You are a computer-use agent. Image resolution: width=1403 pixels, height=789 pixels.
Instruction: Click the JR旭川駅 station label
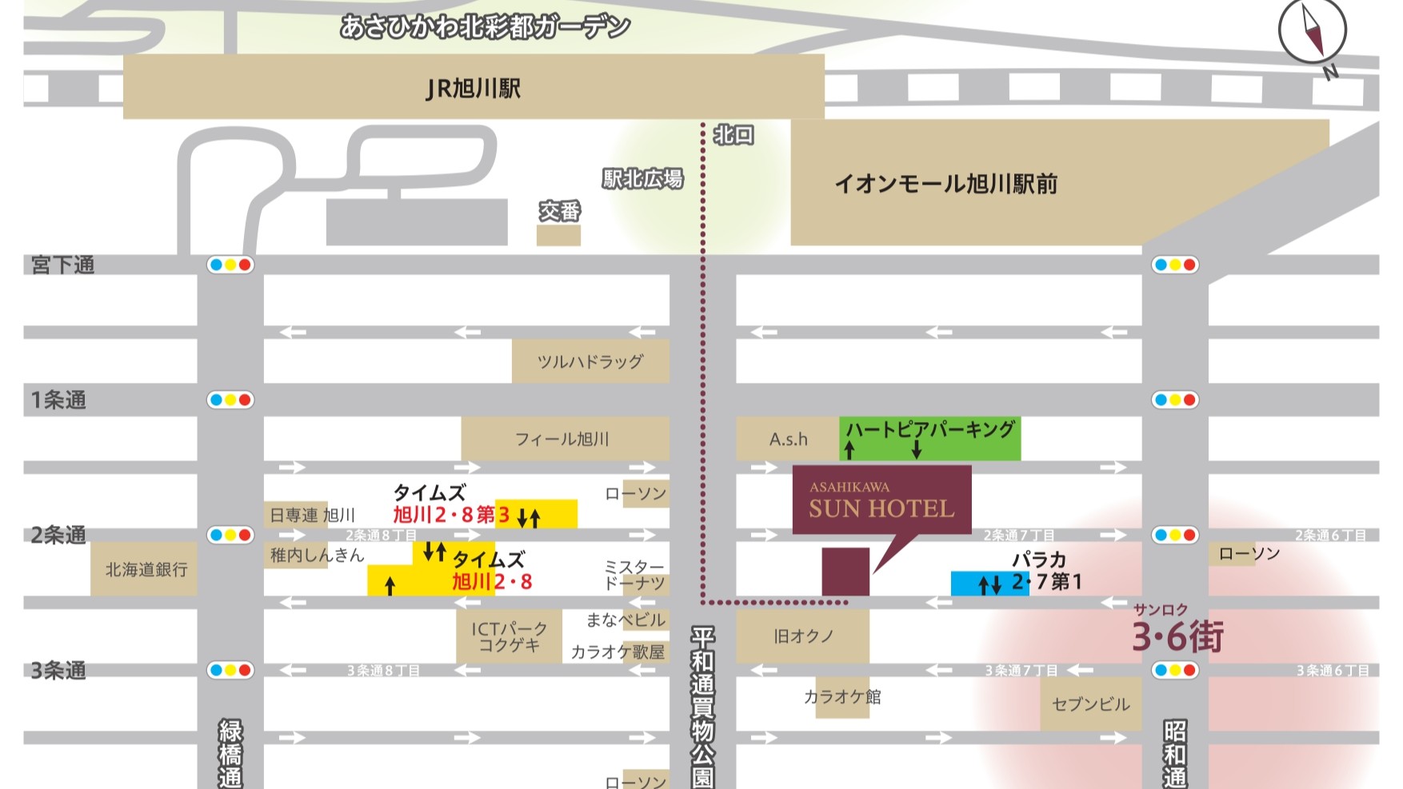(474, 88)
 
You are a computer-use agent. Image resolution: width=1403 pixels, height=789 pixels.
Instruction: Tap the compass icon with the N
(1312, 32)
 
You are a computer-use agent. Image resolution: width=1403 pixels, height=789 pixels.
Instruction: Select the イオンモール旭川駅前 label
(945, 184)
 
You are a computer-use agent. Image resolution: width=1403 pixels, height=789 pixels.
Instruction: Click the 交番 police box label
(559, 212)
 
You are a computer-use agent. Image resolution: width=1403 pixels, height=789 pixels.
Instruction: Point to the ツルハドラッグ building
(590, 361)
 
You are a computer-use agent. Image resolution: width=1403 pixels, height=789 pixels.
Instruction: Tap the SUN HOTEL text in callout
(881, 508)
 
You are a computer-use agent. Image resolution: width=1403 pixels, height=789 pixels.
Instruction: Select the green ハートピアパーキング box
(929, 438)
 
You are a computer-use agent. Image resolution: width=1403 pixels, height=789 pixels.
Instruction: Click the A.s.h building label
(788, 439)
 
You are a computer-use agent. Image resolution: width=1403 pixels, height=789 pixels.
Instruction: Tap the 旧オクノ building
(802, 636)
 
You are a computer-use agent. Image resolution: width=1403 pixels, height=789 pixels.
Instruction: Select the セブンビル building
(1090, 704)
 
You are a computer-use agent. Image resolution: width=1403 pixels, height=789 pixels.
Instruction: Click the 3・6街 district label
(1177, 636)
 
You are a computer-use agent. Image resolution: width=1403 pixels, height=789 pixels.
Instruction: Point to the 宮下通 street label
(62, 265)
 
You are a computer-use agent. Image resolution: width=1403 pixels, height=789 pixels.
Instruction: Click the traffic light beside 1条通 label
(230, 400)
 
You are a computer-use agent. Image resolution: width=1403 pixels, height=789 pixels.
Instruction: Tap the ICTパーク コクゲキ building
(509, 636)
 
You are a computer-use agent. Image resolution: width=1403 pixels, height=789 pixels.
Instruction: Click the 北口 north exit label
(733, 135)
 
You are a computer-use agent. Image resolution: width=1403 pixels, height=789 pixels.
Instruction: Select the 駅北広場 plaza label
(643, 179)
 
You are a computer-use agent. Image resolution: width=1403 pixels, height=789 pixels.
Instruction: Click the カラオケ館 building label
(842, 697)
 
